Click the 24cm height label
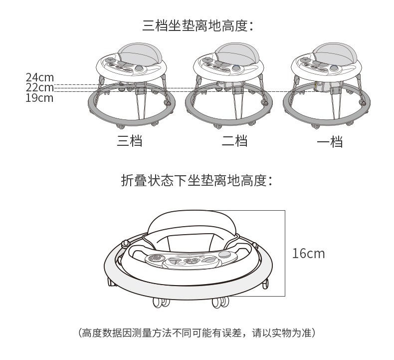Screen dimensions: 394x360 39,77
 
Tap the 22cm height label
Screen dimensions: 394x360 39,87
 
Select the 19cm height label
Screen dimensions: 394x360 39,97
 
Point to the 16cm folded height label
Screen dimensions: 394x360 308,254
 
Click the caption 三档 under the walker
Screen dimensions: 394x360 130,141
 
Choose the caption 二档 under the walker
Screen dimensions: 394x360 234,141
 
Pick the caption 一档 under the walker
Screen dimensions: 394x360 330,142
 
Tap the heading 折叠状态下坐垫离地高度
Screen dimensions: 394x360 197,181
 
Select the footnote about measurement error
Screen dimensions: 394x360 197,333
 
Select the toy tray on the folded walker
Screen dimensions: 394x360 185,260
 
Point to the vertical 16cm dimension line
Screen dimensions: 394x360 284,254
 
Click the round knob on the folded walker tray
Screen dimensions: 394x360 225,254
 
